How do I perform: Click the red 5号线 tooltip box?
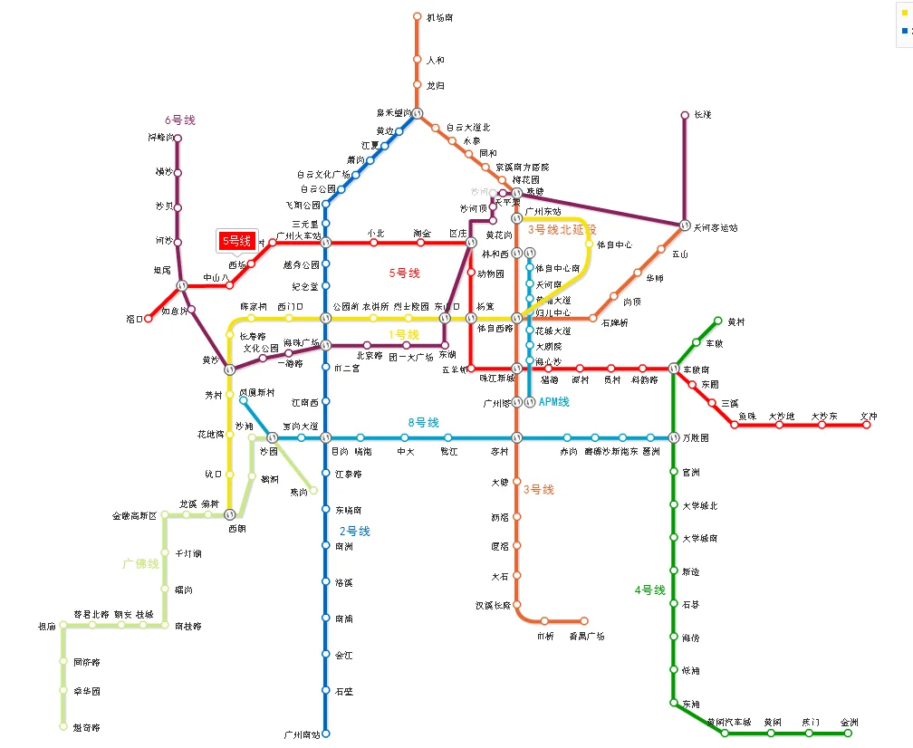(x=236, y=241)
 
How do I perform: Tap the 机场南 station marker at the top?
(x=418, y=16)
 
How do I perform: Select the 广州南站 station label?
(x=302, y=734)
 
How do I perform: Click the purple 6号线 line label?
(x=179, y=120)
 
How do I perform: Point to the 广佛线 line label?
(x=140, y=563)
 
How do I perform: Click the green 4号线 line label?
(x=649, y=590)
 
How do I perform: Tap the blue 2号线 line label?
(x=355, y=531)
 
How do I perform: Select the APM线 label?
(x=553, y=402)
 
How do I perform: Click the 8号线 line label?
(x=423, y=423)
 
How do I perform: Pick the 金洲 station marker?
(x=849, y=734)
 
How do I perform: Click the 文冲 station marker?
(x=867, y=425)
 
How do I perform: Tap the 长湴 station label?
(x=703, y=115)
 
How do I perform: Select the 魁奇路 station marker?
(x=63, y=726)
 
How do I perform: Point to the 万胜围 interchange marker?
(x=674, y=437)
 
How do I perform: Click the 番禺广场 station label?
(x=586, y=636)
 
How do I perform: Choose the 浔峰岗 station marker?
(x=178, y=139)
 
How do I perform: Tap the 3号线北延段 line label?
(x=562, y=230)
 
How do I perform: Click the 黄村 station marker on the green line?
(x=718, y=321)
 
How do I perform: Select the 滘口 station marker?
(x=149, y=319)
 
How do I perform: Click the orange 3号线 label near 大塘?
(x=538, y=489)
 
